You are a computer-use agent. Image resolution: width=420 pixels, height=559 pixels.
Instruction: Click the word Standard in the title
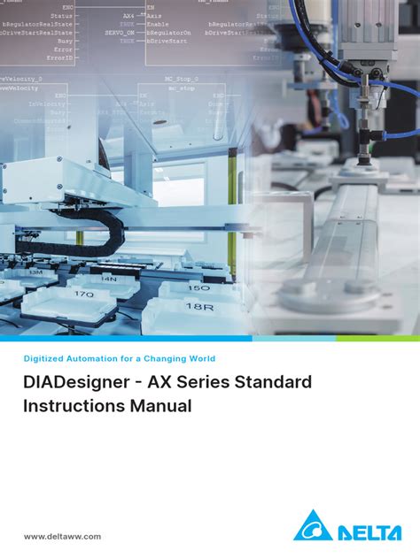276,383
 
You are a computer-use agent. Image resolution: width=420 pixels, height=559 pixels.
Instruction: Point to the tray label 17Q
85,293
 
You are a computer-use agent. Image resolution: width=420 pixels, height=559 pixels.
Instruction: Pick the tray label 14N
109,278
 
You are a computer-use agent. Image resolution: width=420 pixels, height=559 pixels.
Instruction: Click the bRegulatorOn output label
168,31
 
